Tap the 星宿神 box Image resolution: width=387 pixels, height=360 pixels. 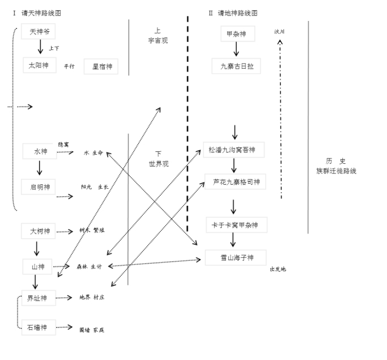(101, 67)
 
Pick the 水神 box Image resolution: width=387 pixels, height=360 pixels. (40, 151)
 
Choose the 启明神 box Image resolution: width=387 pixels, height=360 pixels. (39, 186)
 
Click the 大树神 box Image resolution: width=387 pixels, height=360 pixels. (40, 231)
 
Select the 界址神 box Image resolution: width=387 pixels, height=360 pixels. (38, 298)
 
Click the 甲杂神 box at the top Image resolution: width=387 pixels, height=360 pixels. (236, 34)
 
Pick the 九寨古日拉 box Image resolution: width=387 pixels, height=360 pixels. (236, 66)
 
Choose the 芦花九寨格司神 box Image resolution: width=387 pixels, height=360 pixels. (236, 182)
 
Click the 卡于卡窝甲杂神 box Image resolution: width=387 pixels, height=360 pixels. (236, 225)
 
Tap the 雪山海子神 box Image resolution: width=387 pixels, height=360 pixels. (236, 258)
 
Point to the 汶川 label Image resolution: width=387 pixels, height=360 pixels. (279, 32)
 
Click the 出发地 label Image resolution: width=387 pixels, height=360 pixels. (278, 269)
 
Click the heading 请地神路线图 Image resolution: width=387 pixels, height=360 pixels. (233, 12)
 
